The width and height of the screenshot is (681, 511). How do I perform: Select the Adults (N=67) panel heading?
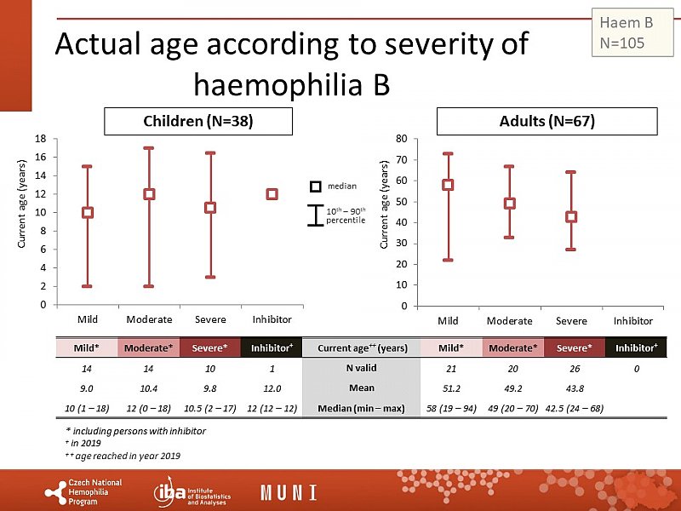547,122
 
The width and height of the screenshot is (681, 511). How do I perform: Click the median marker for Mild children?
87,212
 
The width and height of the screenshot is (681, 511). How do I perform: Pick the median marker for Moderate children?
149,194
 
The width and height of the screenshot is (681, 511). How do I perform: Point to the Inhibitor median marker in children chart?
272,194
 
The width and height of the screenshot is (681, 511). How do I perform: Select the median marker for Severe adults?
571,216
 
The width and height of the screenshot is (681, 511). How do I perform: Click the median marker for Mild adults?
448,185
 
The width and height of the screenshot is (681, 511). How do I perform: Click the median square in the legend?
315,186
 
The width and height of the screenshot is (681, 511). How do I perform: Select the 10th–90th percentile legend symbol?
315,216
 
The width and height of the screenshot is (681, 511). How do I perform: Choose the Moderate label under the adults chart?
509,321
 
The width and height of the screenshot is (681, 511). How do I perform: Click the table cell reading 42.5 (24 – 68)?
572,408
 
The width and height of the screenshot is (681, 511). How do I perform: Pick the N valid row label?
361,368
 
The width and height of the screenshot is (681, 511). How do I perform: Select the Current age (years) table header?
361,347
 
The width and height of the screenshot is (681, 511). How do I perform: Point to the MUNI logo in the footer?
289,493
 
